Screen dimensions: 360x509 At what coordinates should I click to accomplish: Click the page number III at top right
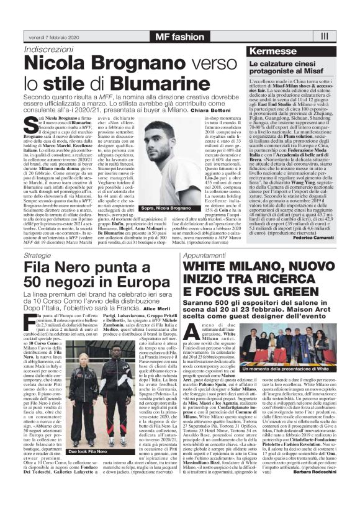[x=341, y=37]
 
